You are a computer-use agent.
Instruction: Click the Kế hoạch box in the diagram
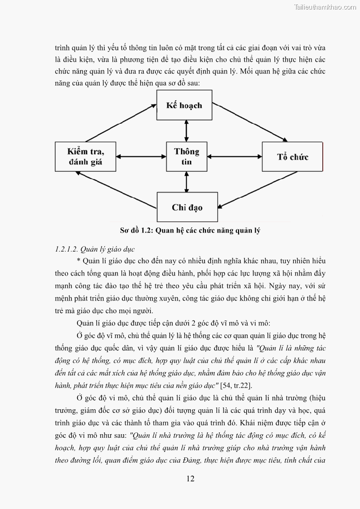185,105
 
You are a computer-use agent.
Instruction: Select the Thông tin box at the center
187,156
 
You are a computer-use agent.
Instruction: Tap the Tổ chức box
292,157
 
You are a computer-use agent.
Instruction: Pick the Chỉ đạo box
187,207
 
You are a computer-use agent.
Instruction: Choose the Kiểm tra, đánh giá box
85,156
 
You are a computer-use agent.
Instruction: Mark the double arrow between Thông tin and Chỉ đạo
186,182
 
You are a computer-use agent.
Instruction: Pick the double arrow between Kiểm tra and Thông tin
141,157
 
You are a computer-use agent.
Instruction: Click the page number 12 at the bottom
190,479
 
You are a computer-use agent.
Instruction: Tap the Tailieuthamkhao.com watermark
325,7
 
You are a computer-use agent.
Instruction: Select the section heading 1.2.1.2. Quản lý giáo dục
95,249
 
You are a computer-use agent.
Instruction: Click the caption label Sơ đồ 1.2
136,230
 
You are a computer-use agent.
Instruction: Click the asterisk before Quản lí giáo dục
78,261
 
